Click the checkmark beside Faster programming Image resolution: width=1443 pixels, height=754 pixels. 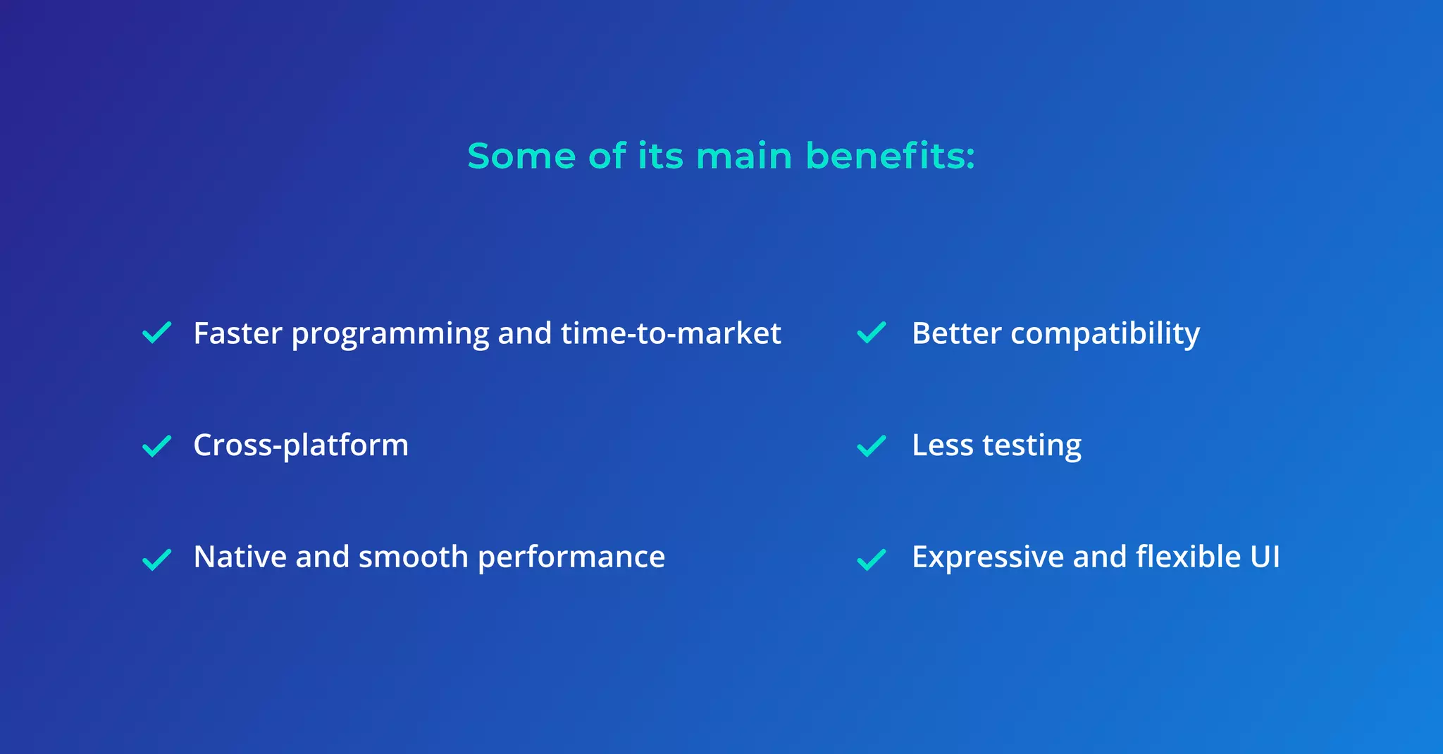[156, 333]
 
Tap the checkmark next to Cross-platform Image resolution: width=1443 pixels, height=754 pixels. [156, 446]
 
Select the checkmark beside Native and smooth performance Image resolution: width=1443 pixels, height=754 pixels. [156, 560]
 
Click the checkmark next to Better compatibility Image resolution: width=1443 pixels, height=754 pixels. [872, 333]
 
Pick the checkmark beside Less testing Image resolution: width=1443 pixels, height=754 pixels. [872, 446]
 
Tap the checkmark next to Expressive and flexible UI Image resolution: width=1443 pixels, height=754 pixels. [872, 560]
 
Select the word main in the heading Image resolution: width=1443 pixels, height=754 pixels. [744, 156]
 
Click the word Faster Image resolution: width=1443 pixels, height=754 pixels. [237, 333]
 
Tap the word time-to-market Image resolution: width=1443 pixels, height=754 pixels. [671, 333]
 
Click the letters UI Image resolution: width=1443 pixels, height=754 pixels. [1265, 557]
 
